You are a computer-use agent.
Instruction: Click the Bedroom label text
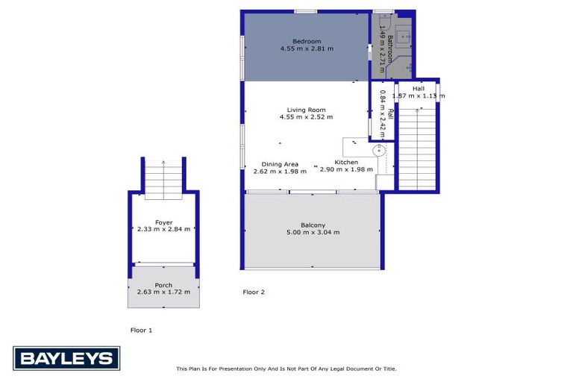click(306, 41)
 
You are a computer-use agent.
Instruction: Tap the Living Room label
click(306, 110)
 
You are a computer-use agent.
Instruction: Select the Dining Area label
click(280, 164)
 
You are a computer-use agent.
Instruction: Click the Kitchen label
click(346, 162)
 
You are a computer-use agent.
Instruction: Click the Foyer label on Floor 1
click(163, 222)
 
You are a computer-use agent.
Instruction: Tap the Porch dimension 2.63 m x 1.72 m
click(163, 292)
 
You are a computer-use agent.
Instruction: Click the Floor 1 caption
click(142, 329)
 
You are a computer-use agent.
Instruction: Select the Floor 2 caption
click(254, 292)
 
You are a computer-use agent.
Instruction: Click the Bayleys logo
click(66, 359)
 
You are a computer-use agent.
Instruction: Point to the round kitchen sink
click(386, 150)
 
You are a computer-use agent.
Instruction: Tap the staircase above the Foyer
click(163, 179)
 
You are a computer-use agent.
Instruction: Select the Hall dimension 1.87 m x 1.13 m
click(418, 96)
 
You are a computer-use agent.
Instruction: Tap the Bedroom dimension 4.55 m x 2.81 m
click(306, 48)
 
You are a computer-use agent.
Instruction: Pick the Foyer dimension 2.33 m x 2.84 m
click(163, 230)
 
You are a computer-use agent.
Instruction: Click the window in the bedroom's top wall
click(305, 11)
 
